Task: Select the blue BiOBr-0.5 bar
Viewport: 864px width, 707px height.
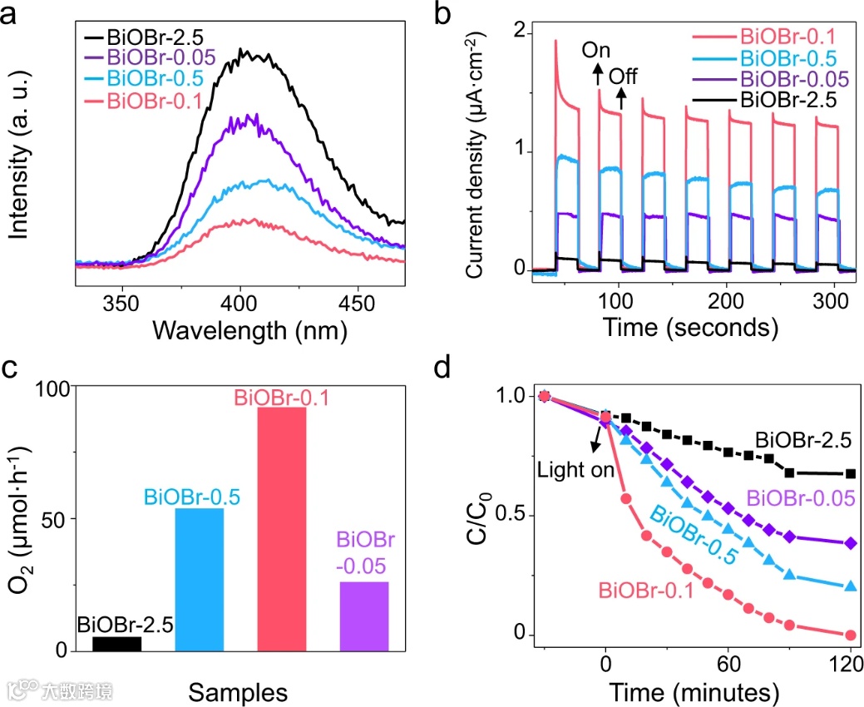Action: click(x=200, y=579)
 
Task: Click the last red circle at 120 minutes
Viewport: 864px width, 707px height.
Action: click(x=852, y=635)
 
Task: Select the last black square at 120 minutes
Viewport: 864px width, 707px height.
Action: click(x=852, y=473)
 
